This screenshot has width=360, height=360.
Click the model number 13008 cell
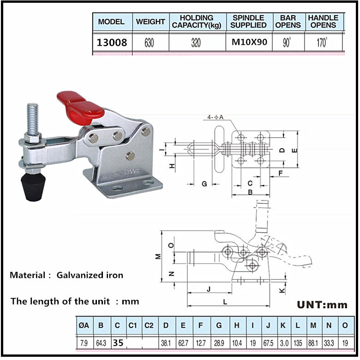[112, 43]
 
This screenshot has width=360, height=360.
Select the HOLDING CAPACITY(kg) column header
[197, 21]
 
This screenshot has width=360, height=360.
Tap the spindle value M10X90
[249, 43]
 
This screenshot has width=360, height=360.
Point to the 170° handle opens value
[323, 43]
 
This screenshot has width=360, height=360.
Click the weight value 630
[149, 43]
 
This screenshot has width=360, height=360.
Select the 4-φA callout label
[215, 118]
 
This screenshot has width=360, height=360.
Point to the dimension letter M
[158, 256]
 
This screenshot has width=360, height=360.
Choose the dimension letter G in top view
[204, 184]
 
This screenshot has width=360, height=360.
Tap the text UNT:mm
[321, 305]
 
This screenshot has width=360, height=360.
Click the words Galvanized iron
[90, 276]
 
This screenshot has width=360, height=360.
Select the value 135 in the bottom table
[298, 343]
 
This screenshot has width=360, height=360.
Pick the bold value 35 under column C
[118, 343]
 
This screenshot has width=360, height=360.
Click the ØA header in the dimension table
[84, 325]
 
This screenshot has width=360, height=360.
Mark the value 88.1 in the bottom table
[313, 343]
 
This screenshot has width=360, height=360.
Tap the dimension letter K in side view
[282, 290]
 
